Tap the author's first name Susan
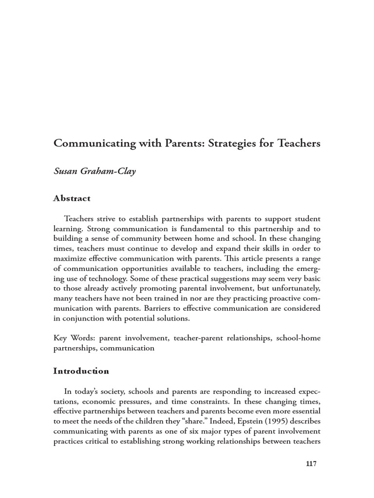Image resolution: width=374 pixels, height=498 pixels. point(66,172)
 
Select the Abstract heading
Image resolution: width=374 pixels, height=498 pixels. point(71,198)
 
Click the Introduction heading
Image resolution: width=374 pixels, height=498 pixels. point(81,371)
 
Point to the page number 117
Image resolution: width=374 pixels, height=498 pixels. point(311,463)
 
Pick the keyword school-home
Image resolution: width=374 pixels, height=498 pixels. point(298,338)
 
